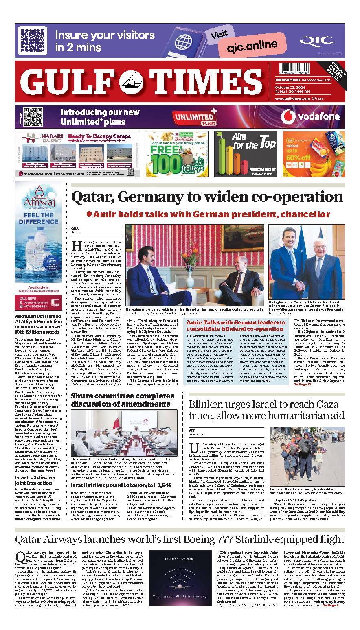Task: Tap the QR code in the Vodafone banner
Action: (x=28, y=116)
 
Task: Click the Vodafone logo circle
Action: (x=288, y=117)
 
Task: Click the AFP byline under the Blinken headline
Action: (x=193, y=430)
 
